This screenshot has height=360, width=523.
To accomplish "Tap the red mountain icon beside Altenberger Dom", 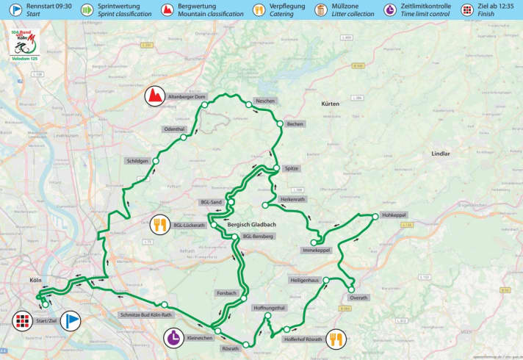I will [154, 96].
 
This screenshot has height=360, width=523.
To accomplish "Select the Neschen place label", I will [264, 101].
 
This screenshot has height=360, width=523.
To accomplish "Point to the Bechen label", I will [295, 125].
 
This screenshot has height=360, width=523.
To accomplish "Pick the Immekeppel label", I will [317, 251].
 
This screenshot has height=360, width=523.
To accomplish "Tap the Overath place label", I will [358, 298].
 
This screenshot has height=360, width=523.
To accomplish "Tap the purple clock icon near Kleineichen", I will [174, 339].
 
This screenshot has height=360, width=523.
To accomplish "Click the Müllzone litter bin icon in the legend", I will [321, 10].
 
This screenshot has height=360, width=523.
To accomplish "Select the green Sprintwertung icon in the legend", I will [86, 10].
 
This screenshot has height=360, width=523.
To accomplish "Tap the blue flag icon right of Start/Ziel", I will [70, 320].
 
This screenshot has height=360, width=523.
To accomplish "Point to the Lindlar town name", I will [441, 154].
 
